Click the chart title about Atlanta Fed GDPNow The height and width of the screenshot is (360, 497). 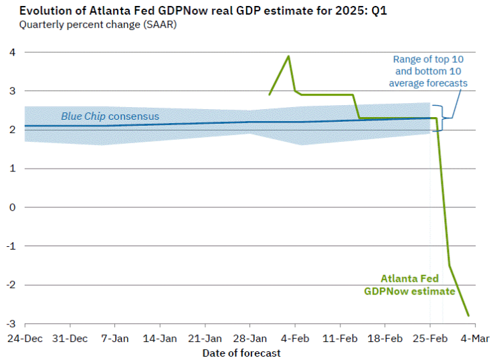coord(203,11)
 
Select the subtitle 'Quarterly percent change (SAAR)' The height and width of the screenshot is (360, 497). coord(98,25)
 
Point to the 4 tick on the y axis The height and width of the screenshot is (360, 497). coord(13,52)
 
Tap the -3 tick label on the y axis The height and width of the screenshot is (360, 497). coord(11,324)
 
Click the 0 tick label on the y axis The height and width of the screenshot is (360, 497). coord(13,207)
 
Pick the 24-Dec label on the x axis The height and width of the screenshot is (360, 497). coord(25,339)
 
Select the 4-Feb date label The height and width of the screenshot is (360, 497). coord(295,339)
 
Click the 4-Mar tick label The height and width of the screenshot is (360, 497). coord(475,339)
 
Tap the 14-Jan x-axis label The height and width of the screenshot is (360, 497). coord(160,339)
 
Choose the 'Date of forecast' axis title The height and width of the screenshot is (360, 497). coord(241,353)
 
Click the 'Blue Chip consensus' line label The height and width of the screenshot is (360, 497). coord(110,116)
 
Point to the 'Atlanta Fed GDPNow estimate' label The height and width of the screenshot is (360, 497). coord(409,285)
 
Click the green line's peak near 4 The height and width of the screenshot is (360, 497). coord(288,56)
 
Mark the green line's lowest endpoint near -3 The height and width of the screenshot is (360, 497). coord(468,316)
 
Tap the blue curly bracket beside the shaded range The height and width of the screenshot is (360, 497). coord(442,118)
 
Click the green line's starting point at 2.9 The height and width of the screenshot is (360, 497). coord(270,94)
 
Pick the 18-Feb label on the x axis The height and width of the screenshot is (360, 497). coord(385,339)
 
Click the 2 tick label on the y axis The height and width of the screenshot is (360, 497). coord(13,130)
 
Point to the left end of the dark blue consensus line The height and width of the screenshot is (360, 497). coord(25,126)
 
